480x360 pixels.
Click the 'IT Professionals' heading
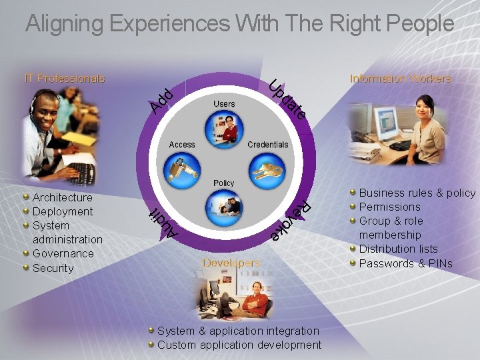coord(65,79)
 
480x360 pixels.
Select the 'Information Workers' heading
coord(400,79)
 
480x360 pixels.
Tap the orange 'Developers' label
coord(231,263)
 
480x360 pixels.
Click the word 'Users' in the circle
coord(224,104)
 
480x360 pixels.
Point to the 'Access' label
coord(182,145)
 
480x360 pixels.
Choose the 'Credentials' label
coord(268,145)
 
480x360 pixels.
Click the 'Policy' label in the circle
coord(224,183)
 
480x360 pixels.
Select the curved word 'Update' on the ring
coord(288,101)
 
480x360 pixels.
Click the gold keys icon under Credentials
coord(268,170)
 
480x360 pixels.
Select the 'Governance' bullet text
coord(63,253)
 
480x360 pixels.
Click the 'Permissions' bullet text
coord(390,207)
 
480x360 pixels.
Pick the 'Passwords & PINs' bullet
coord(406,263)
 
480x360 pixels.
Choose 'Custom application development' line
coord(239,345)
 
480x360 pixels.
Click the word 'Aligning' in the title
coord(64,24)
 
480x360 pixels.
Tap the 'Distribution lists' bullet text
coord(399,249)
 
